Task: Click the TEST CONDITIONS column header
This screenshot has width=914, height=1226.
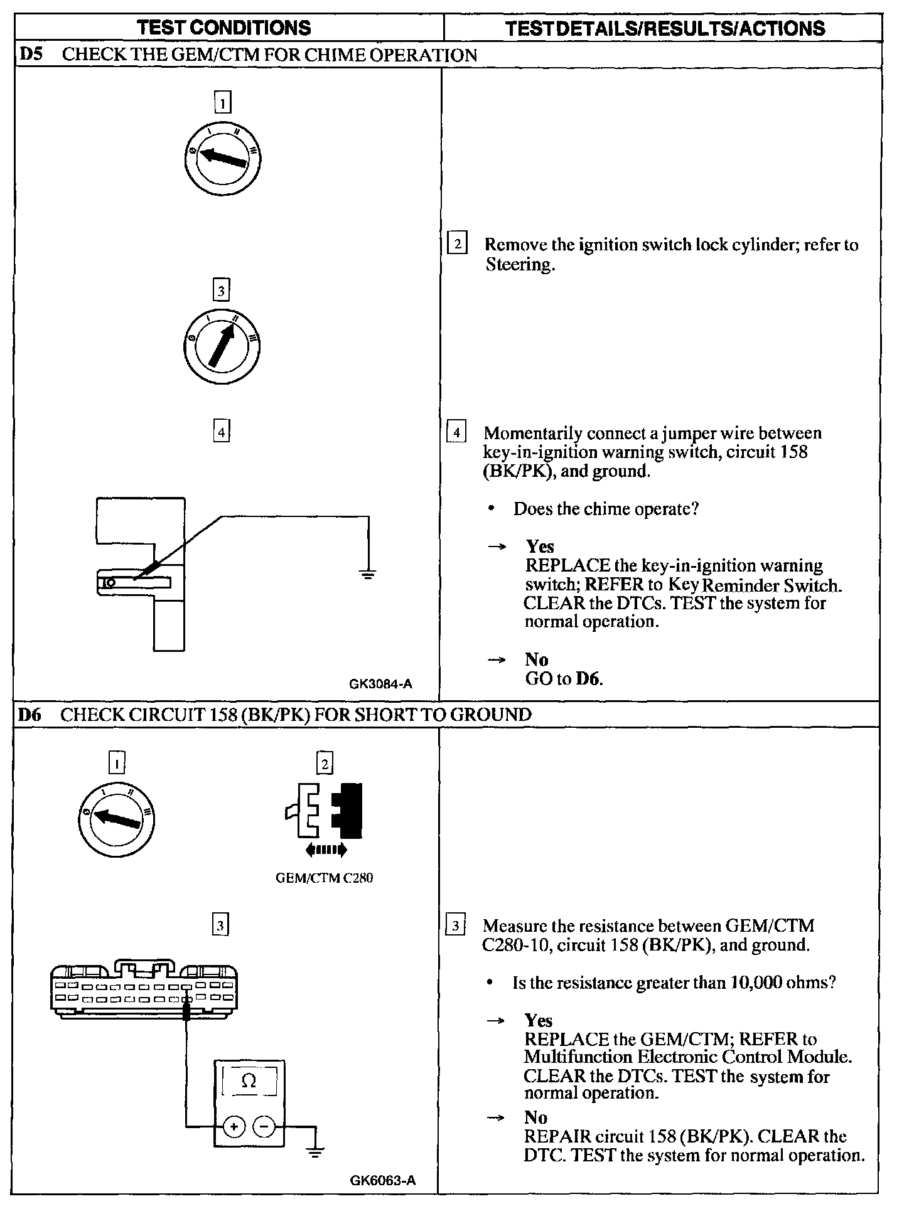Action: (x=223, y=28)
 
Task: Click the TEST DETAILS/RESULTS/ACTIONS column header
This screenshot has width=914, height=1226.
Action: (x=665, y=28)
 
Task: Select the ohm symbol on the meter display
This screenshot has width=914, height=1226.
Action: (x=249, y=1080)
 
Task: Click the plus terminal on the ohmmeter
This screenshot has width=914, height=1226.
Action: (x=234, y=1127)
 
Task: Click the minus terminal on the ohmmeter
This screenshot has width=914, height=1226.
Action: (x=263, y=1127)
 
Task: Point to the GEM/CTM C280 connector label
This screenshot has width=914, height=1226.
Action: (x=324, y=878)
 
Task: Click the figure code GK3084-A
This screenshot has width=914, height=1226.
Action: (x=381, y=684)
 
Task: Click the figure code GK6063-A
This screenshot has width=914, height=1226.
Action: (x=383, y=1180)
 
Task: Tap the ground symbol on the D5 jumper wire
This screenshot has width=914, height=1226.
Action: (x=368, y=573)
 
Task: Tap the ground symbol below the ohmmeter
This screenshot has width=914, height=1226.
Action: (x=316, y=1151)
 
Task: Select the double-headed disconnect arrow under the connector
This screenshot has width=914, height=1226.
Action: (x=325, y=850)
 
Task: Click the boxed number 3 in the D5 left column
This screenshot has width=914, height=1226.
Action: (x=220, y=291)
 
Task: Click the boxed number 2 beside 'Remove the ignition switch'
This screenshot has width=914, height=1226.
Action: (x=457, y=243)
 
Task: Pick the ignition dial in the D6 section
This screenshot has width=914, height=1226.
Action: (x=117, y=818)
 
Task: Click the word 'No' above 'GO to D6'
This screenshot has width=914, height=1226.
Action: (x=537, y=659)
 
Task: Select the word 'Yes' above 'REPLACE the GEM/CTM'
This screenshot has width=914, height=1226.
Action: (x=538, y=1020)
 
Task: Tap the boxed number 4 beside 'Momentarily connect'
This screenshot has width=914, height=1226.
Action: (x=456, y=433)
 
